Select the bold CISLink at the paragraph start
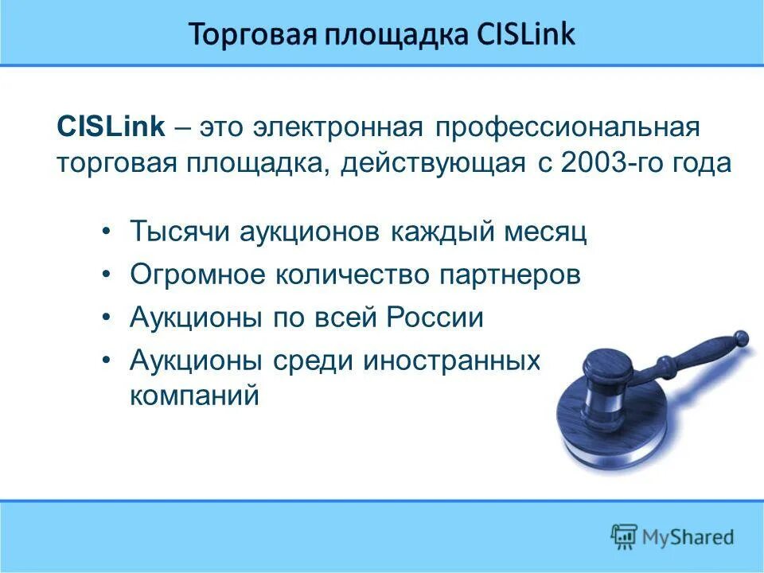[111, 127]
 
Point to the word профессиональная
[567, 127]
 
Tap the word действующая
[433, 163]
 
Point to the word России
[435, 318]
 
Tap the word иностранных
[451, 360]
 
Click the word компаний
[194, 396]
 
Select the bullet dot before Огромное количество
[107, 275]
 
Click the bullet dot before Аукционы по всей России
[107, 317]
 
